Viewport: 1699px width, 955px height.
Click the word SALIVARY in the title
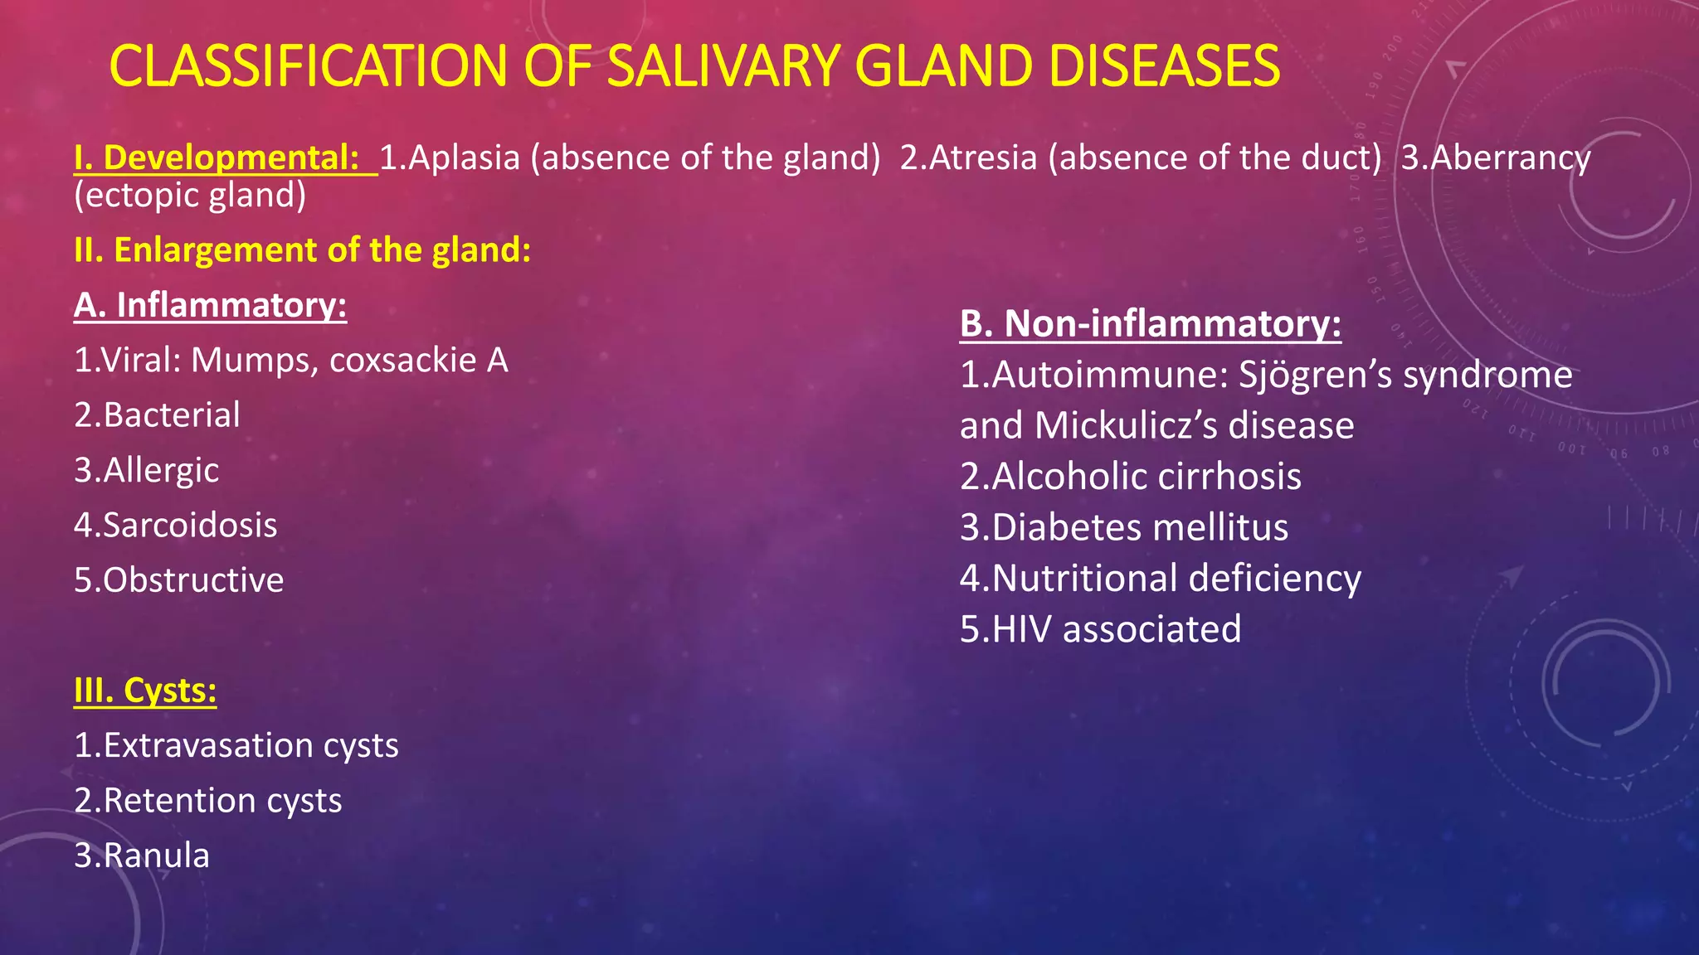click(720, 66)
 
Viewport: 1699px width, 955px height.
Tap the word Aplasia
click(465, 158)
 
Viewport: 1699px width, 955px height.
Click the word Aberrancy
click(1511, 158)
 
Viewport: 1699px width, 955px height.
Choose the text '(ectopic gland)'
click(190, 196)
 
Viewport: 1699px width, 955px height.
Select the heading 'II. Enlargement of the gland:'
click(302, 250)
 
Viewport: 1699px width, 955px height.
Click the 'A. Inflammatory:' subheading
click(210, 305)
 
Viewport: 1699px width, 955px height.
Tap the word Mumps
click(254, 361)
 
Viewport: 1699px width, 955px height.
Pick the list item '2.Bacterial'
click(157, 415)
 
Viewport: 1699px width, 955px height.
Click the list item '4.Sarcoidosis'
click(175, 525)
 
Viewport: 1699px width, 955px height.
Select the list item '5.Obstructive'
click(178, 580)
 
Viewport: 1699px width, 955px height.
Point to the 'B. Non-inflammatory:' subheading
click(1150, 323)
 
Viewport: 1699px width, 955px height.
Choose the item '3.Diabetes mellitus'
click(1124, 528)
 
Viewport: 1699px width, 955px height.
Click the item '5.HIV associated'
click(1100, 629)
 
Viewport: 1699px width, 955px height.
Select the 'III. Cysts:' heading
click(145, 691)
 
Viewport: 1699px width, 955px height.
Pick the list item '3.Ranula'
click(142, 856)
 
